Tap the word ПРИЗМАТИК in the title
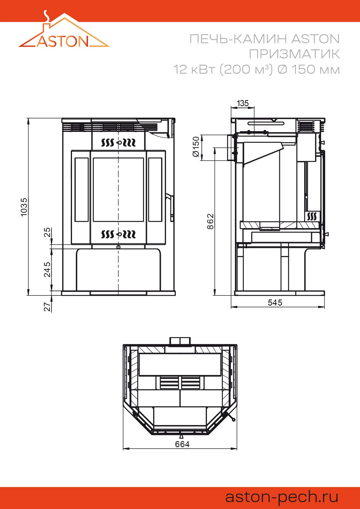coord(294,54)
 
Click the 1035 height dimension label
coord(24,207)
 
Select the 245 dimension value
coord(47,269)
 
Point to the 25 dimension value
coord(47,232)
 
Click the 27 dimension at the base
coord(47,307)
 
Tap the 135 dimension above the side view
coord(243,103)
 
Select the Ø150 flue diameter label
coord(196,147)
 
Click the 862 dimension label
coord(210,221)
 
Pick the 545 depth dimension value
coord(275,303)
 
